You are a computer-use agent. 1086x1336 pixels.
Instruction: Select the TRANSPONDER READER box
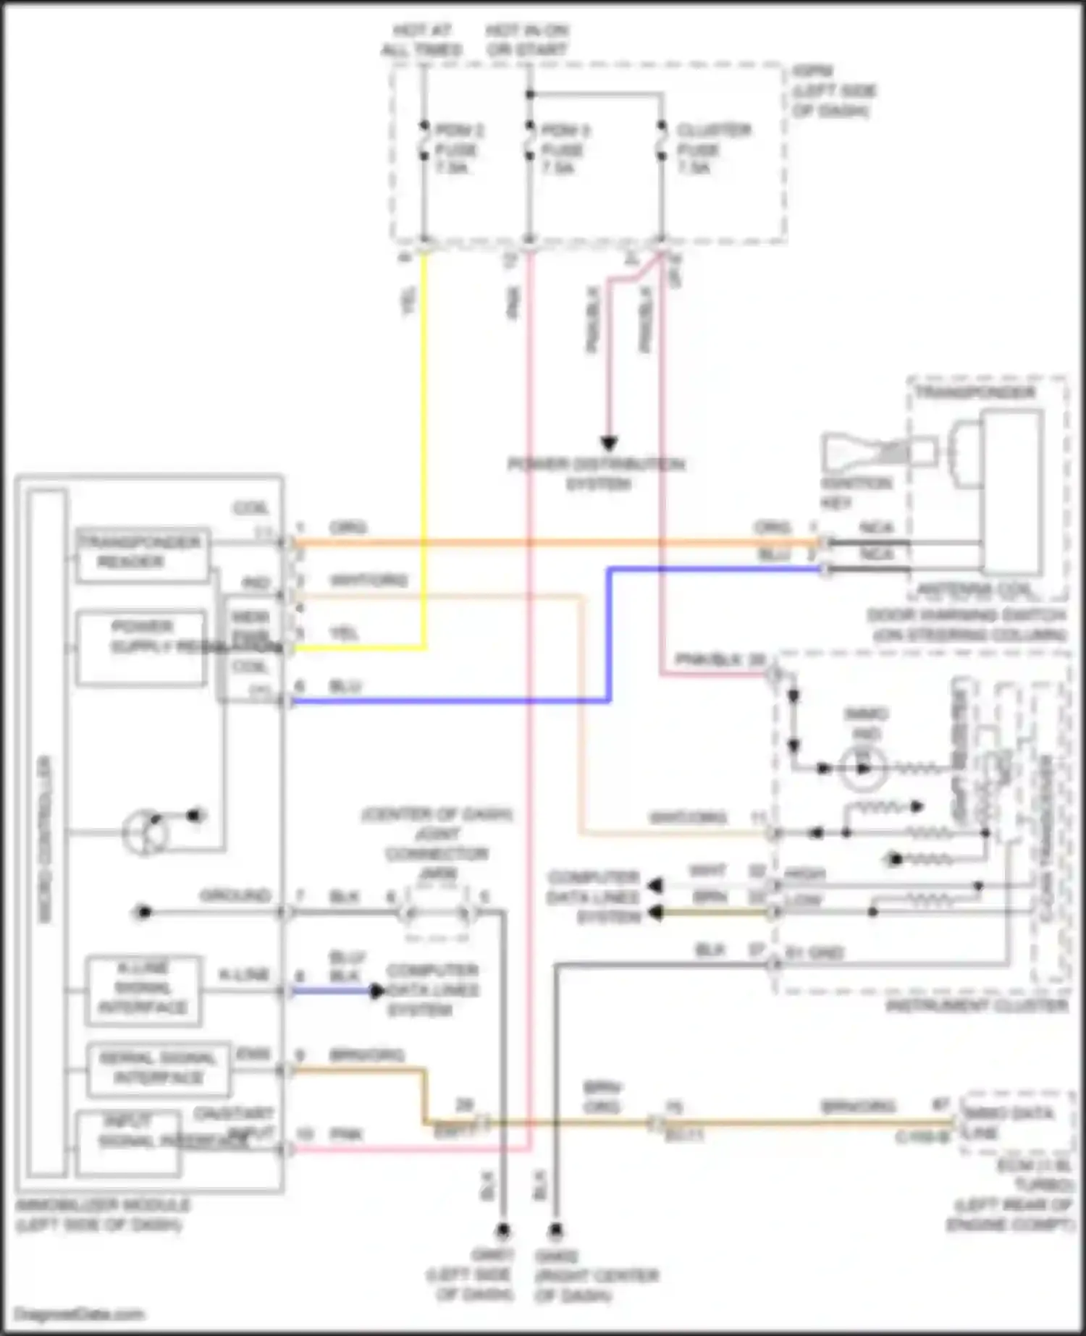(142, 554)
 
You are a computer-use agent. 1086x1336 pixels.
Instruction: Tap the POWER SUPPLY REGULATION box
(142, 647)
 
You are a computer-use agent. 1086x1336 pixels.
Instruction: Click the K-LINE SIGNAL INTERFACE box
(143, 989)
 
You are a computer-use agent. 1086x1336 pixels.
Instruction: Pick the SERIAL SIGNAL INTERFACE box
(158, 1069)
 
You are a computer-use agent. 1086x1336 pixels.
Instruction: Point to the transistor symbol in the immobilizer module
(144, 832)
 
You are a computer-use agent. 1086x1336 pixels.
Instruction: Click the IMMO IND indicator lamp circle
(863, 768)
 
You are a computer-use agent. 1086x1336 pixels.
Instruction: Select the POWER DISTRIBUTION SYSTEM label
(597, 473)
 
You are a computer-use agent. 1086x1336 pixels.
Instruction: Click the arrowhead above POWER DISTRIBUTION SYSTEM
(609, 443)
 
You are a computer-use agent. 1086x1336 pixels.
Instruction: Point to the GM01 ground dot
(502, 1230)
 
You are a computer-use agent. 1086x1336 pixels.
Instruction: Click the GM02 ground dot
(555, 1230)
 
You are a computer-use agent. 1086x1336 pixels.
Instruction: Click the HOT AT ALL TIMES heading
(422, 40)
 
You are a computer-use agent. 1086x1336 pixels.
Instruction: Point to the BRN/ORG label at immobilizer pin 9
(366, 1055)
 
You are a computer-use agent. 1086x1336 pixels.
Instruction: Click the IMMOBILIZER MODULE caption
(103, 1214)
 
